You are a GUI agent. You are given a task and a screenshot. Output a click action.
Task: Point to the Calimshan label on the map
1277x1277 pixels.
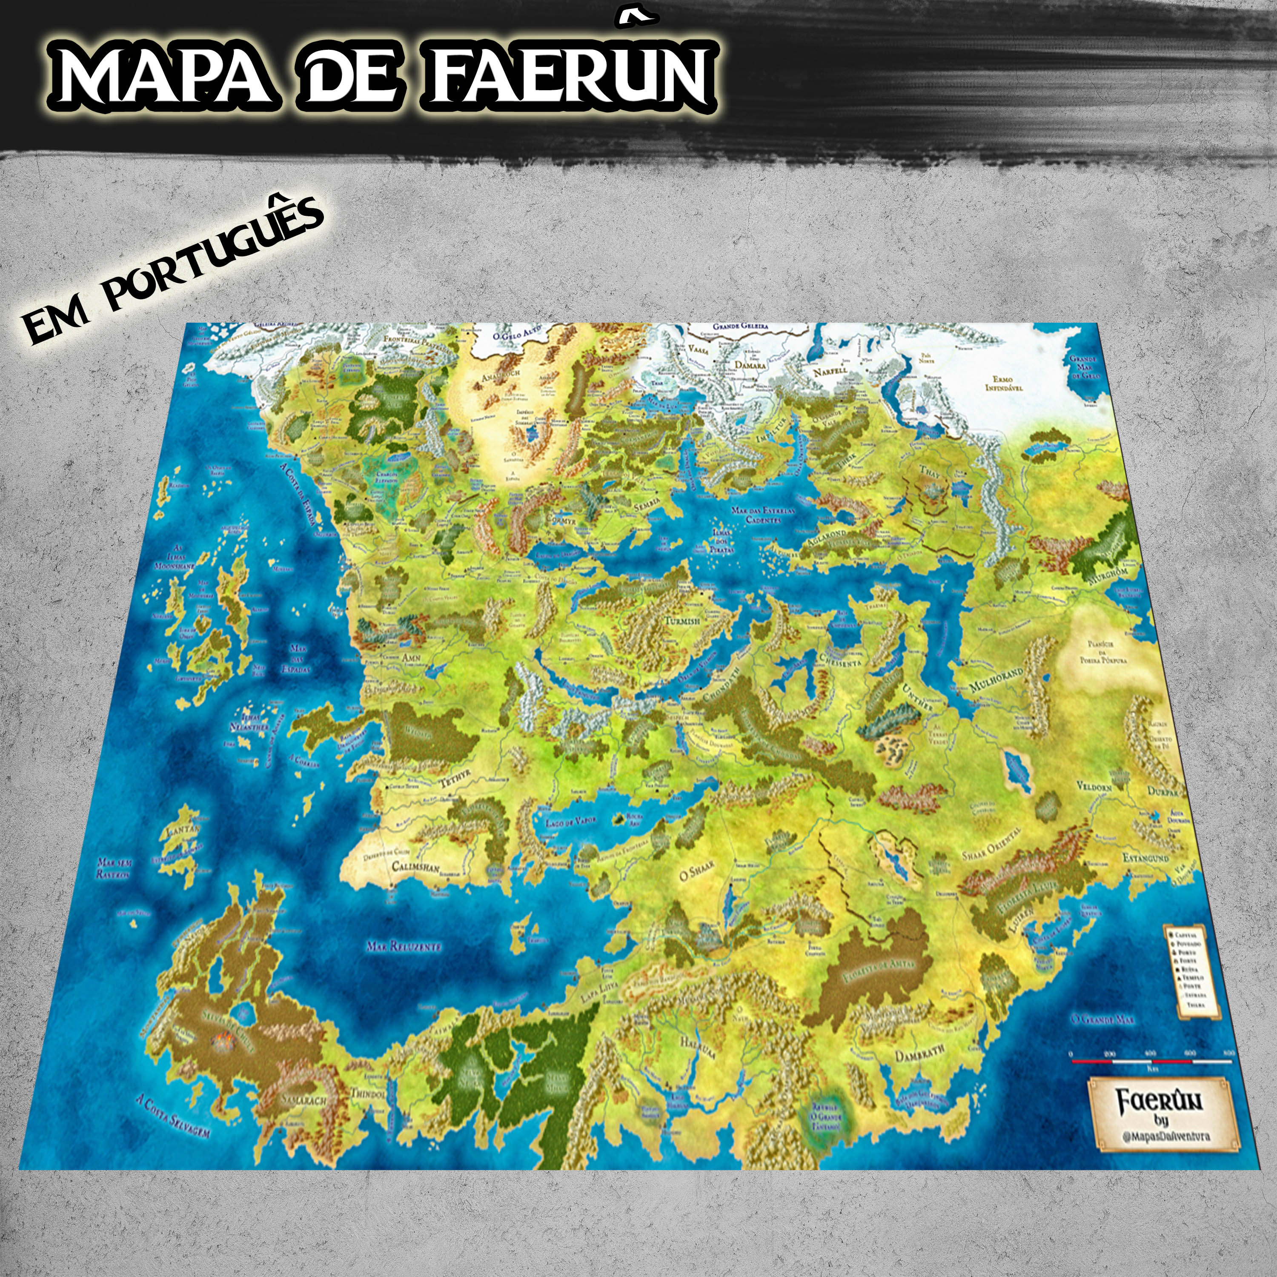415,867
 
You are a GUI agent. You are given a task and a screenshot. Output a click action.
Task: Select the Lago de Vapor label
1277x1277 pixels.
572,822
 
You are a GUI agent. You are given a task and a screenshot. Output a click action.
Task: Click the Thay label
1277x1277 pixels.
929,470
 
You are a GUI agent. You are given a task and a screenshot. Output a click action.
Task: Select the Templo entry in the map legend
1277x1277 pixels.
1194,978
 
